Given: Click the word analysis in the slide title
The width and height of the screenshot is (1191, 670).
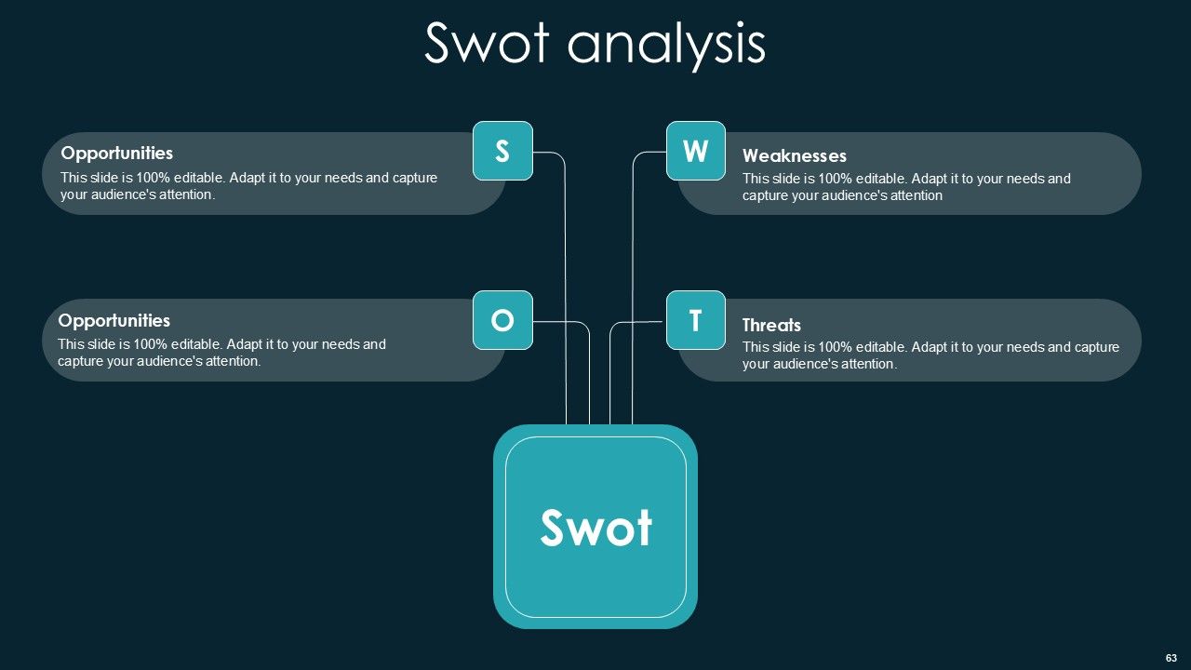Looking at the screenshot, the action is pos(665,45).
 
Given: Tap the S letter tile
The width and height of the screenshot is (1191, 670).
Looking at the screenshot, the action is pos(502,151).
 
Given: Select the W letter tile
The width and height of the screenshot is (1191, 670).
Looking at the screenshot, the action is pos(695,151).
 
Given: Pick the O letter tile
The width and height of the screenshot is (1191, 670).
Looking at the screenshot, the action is pos(502,320).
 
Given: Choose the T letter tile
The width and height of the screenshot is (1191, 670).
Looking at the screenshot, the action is pos(695,320).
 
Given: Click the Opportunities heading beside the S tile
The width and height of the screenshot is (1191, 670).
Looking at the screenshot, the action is pos(116,153).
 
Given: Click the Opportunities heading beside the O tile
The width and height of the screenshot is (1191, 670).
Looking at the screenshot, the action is pos(114,320).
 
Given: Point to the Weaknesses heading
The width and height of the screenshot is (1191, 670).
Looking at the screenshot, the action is pos(794,155).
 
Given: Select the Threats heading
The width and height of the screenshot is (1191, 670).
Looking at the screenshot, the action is pos(770,325).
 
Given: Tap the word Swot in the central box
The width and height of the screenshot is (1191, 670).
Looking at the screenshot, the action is pos(595,528).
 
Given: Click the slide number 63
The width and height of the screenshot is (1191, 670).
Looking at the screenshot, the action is pos(1171,658).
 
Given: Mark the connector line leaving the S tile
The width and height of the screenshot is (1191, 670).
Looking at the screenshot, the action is pos(565,279).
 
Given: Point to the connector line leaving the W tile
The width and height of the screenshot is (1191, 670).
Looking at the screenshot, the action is pos(633,279).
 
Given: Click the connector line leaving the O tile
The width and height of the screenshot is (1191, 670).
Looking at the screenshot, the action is pos(588,372).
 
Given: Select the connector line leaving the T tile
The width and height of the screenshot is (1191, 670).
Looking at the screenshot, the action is pos(610,372).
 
